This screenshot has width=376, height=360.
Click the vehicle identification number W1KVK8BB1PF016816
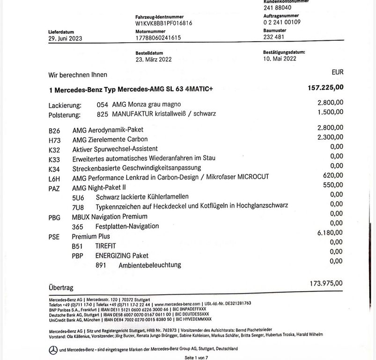click(x=163, y=22)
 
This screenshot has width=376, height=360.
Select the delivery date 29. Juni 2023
click(x=65, y=38)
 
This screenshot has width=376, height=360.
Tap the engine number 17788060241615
click(x=158, y=38)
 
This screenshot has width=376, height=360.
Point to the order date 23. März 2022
click(x=154, y=59)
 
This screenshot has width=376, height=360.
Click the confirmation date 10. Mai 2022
click(x=280, y=59)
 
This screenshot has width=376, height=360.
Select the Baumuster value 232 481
click(x=274, y=37)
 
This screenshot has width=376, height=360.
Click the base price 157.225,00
click(x=325, y=88)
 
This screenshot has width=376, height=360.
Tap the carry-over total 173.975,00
click(x=326, y=283)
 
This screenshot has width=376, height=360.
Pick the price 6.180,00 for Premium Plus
click(x=330, y=232)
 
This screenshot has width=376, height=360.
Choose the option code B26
click(x=54, y=130)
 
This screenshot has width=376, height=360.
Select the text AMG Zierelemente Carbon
click(x=110, y=139)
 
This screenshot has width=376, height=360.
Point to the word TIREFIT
click(x=105, y=246)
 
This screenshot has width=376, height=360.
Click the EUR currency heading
click(x=337, y=72)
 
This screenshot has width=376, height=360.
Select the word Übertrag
click(x=61, y=286)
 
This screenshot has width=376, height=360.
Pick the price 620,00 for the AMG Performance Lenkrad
click(x=333, y=175)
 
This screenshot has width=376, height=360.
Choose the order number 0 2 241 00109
click(x=282, y=22)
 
